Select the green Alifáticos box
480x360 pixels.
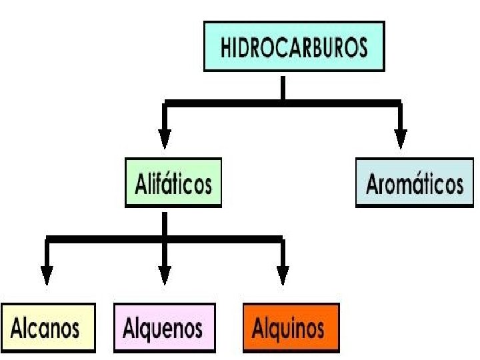point(173,183)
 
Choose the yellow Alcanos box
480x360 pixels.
point(47,327)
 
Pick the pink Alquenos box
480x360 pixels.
point(165,327)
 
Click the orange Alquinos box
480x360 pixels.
point(291,327)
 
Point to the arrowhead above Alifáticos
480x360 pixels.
point(165,138)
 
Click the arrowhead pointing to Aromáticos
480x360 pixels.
point(400,138)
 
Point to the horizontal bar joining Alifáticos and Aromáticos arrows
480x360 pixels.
point(283,103)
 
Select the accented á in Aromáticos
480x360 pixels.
point(415,183)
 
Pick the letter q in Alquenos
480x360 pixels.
point(148,330)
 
